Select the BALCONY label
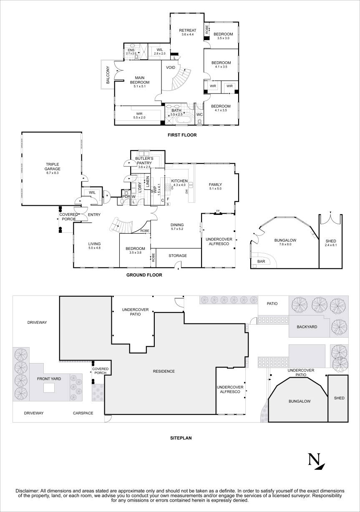pyautogui.click(x=108, y=75)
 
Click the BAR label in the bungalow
pyautogui.click(x=261, y=262)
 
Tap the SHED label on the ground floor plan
pyautogui.click(x=330, y=241)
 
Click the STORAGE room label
pyautogui.click(x=177, y=256)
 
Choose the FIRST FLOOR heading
pyautogui.click(x=182, y=135)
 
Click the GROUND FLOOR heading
pyautogui.click(x=144, y=275)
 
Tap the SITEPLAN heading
pyautogui.click(x=181, y=438)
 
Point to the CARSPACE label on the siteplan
pyautogui.click(x=83, y=413)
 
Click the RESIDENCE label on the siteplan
pyautogui.click(x=164, y=371)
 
